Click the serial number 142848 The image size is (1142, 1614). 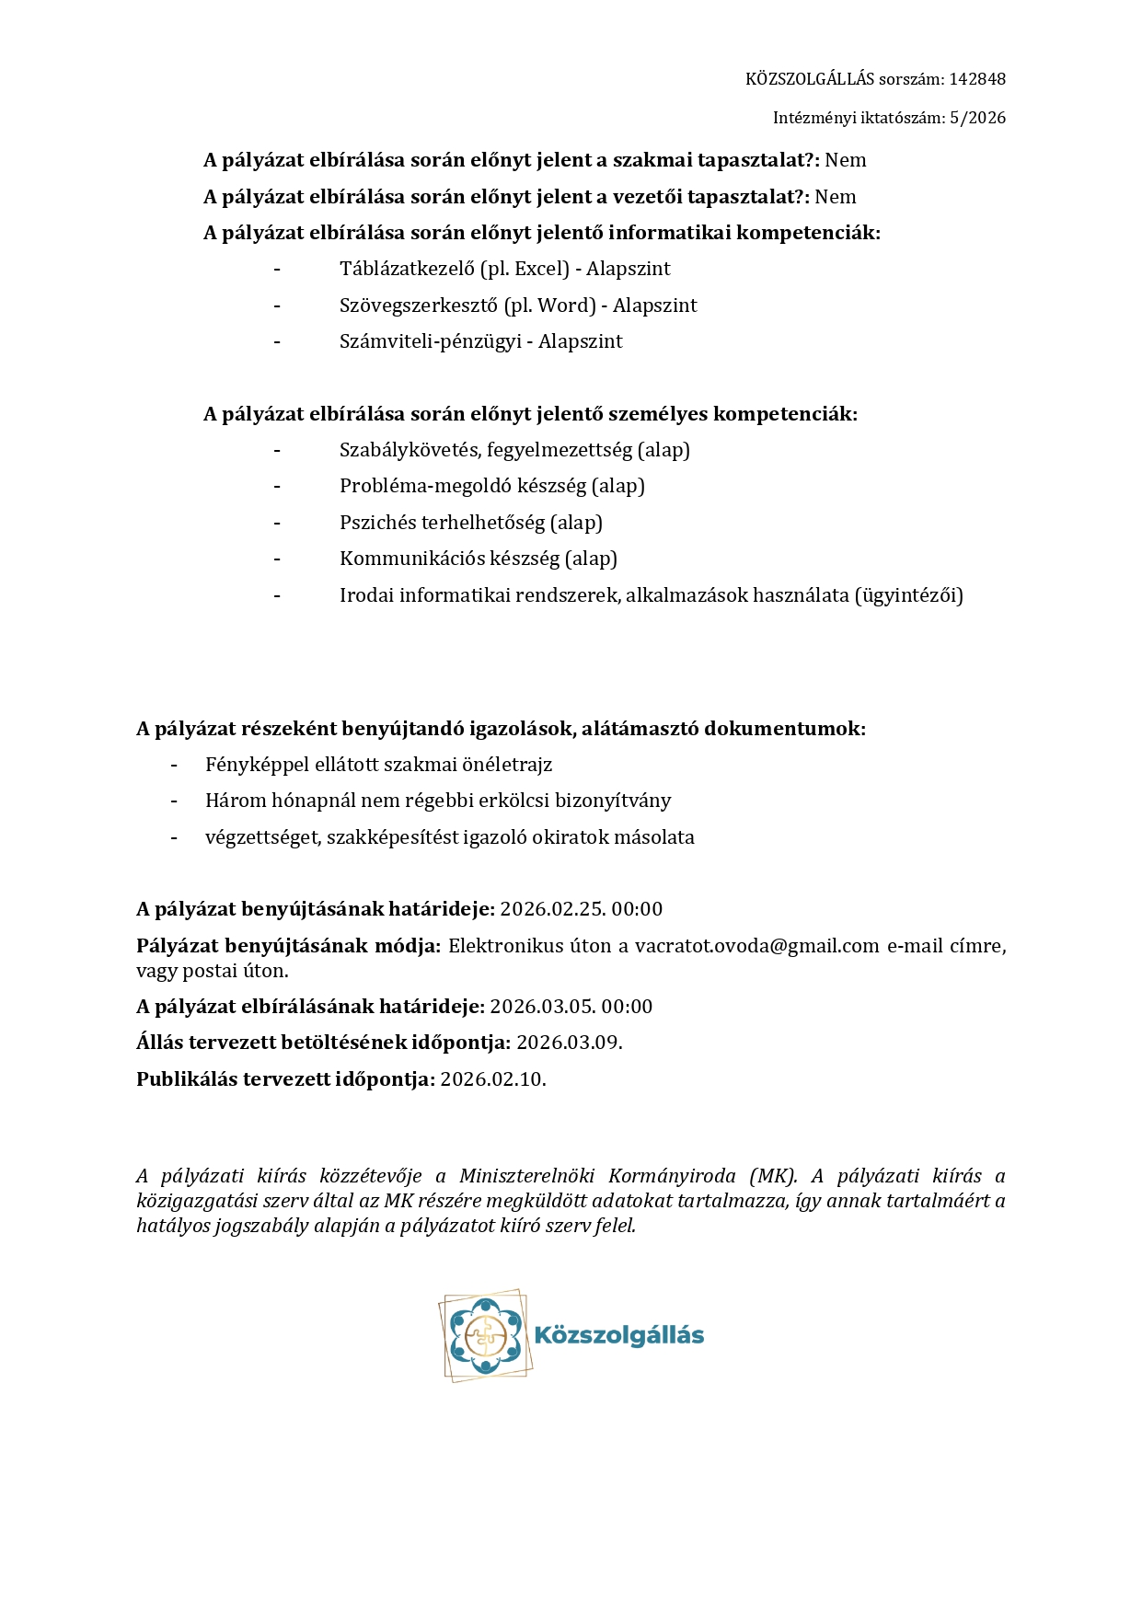pyautogui.click(x=977, y=79)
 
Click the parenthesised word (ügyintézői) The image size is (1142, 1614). pyautogui.click(x=909, y=595)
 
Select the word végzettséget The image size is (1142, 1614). pyautogui.click(x=262, y=837)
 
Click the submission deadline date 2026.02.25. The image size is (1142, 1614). pyautogui.click(x=553, y=909)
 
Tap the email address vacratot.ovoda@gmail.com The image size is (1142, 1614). pyautogui.click(x=756, y=946)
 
